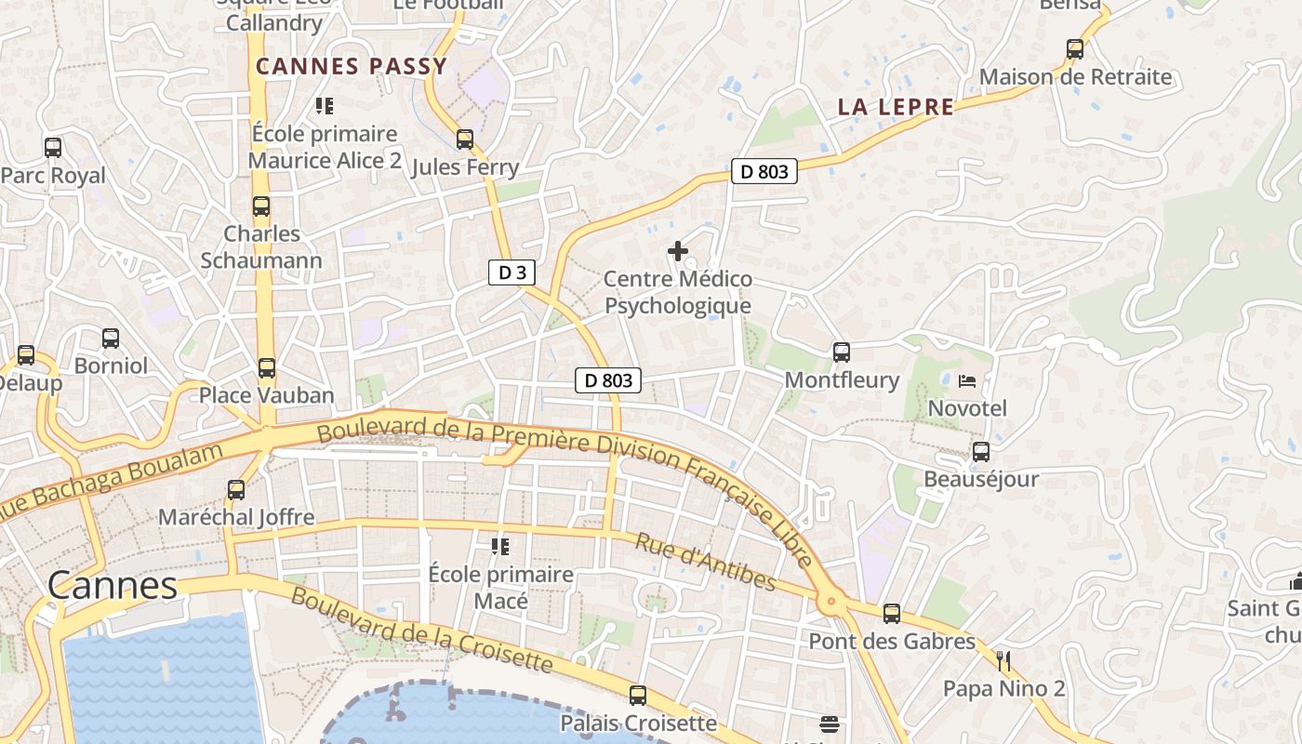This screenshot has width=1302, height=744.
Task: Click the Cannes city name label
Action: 112,585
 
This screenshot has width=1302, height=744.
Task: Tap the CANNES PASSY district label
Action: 352,66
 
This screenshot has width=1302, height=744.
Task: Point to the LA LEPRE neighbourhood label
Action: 896,106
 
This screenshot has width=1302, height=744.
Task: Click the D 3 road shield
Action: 511,272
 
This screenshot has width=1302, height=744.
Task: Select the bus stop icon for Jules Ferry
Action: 465,139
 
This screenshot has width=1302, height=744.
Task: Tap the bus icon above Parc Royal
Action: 53,147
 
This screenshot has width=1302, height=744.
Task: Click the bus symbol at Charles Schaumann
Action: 261,206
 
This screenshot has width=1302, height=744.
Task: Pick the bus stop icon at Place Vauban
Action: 267,368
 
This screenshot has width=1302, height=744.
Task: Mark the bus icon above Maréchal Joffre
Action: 236,489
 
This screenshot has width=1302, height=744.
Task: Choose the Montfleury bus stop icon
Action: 842,352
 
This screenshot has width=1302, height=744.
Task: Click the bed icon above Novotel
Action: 967,380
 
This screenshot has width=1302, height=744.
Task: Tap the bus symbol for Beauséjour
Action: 981,452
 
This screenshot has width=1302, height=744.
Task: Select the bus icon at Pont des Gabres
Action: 892,614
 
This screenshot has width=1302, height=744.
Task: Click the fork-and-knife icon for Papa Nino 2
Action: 1003,661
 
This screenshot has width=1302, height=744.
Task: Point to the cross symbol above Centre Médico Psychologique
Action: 678,251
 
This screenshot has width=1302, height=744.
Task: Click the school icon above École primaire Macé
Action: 500,546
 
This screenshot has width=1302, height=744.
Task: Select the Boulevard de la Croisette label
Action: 420,629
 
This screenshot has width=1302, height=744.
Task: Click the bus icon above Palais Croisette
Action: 638,695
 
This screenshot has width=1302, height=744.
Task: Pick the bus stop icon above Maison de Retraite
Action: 1075,49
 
